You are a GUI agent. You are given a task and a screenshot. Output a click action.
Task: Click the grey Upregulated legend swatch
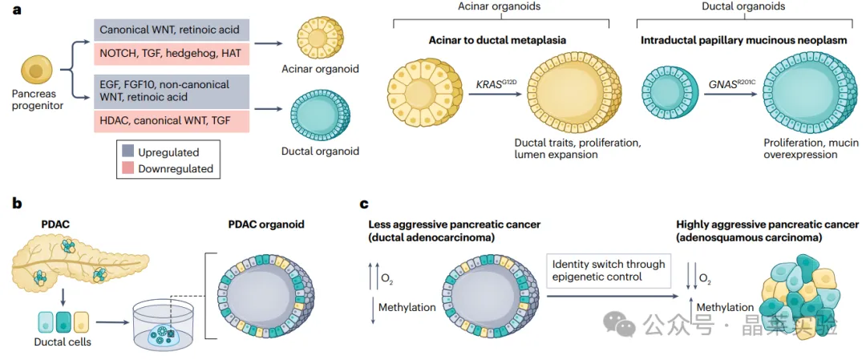pos(127,152)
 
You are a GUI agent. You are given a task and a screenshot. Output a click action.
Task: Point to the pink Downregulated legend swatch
pos(127,168)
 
